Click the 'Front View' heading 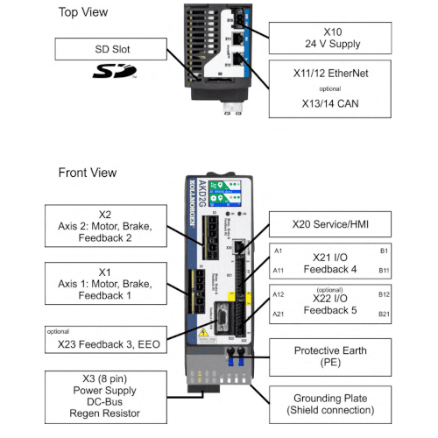90,172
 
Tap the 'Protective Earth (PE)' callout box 329,356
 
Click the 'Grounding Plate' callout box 329,403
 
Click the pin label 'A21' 279,314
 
